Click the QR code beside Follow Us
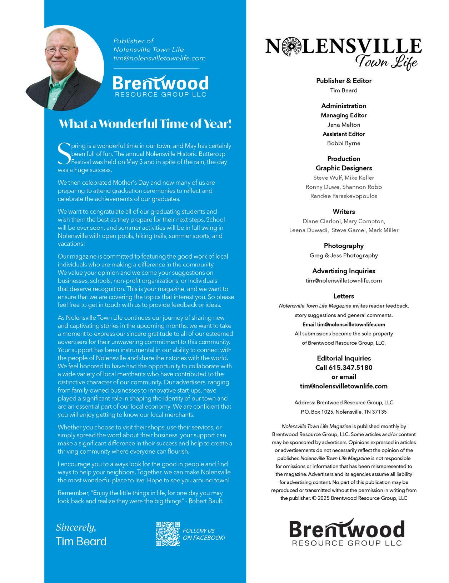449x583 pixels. (x=168, y=534)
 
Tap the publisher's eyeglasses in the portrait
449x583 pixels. (x=60, y=50)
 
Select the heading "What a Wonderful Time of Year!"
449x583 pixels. (x=145, y=124)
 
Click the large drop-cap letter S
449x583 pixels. (x=64, y=154)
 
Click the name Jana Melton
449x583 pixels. (x=344, y=125)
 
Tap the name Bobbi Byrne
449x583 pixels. (x=344, y=143)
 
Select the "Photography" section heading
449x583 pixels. (x=344, y=246)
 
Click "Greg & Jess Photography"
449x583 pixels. (x=344, y=255)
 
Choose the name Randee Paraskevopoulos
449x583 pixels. (x=344, y=196)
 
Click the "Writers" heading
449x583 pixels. (x=344, y=212)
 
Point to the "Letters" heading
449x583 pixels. (x=344, y=296)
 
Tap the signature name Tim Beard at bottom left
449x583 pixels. (x=81, y=541)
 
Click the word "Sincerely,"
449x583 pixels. (x=76, y=527)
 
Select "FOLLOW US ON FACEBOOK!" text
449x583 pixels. (x=204, y=534)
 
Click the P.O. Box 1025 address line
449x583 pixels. (x=344, y=412)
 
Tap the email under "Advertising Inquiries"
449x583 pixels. (x=344, y=280)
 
